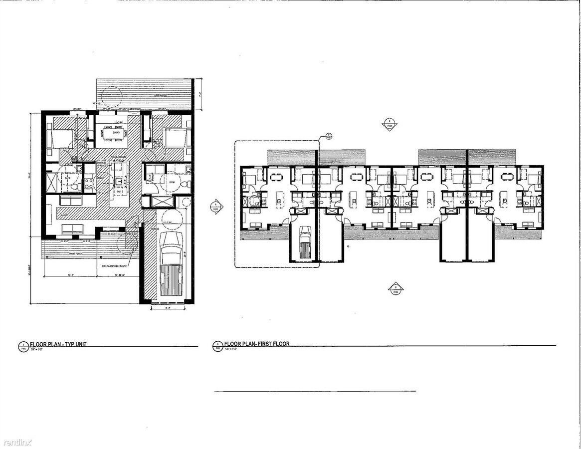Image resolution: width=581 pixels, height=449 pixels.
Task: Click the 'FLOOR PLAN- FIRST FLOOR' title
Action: [x=257, y=344]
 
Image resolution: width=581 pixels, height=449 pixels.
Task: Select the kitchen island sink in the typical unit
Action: [x=120, y=181]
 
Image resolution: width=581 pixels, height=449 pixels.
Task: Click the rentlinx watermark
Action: [x=17, y=442]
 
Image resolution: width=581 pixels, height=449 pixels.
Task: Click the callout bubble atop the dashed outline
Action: [x=329, y=135]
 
